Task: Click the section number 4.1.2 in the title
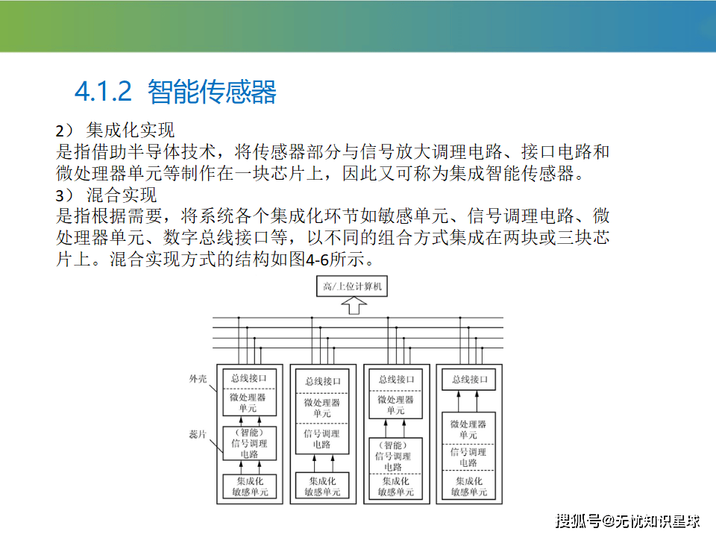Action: (103, 91)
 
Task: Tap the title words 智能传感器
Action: (212, 92)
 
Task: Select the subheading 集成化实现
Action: (130, 130)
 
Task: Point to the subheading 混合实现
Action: (122, 195)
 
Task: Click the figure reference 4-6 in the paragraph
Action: (318, 260)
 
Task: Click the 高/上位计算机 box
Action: (352, 286)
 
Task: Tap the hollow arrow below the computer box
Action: (354, 306)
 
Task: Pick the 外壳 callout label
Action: (198, 379)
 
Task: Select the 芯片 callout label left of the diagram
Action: (198, 434)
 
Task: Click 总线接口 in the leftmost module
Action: (249, 378)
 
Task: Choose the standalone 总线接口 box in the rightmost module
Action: (469, 380)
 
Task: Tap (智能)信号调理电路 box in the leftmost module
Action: (249, 443)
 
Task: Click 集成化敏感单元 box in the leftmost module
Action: (249, 486)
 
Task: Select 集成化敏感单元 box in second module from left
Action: (322, 486)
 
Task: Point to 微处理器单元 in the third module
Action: (395, 404)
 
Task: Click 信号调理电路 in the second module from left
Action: (322, 439)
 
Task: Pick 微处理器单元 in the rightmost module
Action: (468, 430)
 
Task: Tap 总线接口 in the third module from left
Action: (396, 380)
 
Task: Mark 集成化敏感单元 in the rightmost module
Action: (469, 486)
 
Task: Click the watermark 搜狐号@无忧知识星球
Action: (627, 521)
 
